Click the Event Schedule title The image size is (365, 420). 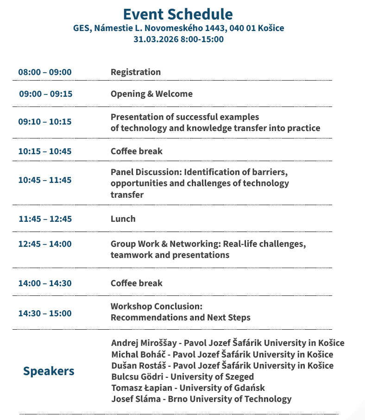point(178,14)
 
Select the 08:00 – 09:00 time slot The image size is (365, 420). point(45,72)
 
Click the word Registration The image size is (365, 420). point(136,72)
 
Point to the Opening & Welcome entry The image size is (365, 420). point(151,94)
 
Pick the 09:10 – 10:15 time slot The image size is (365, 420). point(45,122)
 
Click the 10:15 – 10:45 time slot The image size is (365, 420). point(45,151)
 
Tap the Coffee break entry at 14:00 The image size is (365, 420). point(137,283)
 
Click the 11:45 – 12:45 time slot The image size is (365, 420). point(45,219)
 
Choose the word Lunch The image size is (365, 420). point(123,219)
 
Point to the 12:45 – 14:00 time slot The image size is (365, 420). point(45,244)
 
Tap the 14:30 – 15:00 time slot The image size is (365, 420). point(45,313)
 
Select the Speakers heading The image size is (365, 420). point(49,371)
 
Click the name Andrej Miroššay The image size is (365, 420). point(145,343)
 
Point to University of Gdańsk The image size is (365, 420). point(222,388)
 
